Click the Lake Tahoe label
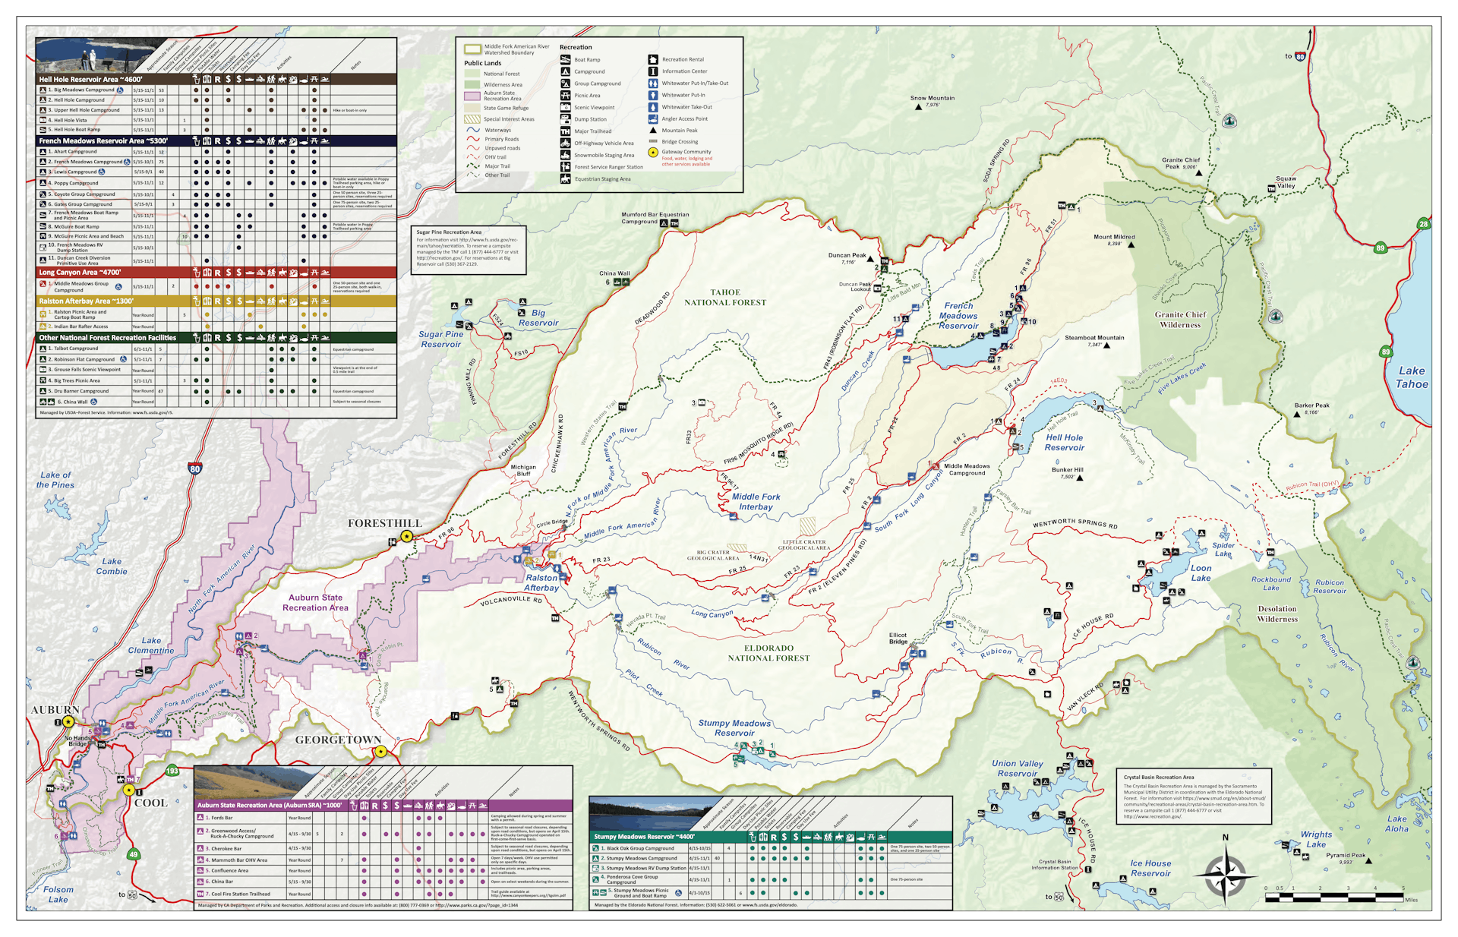click(x=1411, y=377)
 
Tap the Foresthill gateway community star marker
click(x=407, y=537)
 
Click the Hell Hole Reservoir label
click(x=1064, y=443)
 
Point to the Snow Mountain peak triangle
click(x=918, y=107)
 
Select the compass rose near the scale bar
click(x=1224, y=875)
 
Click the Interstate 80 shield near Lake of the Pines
click(x=195, y=469)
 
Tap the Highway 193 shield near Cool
click(x=172, y=771)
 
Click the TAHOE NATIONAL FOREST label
click(x=725, y=298)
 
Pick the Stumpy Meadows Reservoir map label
click(x=734, y=728)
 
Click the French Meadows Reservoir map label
click(x=958, y=316)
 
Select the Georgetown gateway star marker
click(x=380, y=752)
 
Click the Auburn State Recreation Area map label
click(x=315, y=603)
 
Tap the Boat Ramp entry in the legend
click(x=586, y=60)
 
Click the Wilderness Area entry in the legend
click(x=502, y=85)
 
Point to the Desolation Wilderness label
click(x=1277, y=614)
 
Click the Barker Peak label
click(x=1311, y=405)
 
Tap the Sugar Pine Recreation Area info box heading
click(x=449, y=232)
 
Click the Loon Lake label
click(x=1201, y=573)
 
